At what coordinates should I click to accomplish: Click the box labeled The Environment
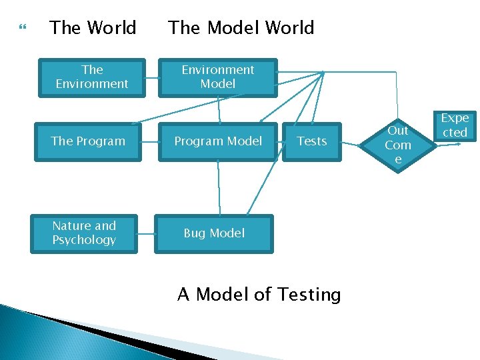(92, 77)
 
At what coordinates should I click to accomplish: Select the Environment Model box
(217, 77)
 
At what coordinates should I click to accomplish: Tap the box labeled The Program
(88, 141)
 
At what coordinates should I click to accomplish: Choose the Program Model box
(218, 141)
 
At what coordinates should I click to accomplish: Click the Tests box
(311, 141)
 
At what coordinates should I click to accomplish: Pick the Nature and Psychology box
(84, 233)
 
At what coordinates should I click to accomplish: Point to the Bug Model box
(214, 233)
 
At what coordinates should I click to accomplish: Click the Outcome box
(398, 145)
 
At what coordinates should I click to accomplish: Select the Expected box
(455, 125)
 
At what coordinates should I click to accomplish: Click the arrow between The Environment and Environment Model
(151, 77)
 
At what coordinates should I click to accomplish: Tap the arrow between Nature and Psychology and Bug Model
(145, 233)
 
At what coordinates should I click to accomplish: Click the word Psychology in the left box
(84, 240)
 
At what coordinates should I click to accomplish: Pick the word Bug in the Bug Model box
(195, 233)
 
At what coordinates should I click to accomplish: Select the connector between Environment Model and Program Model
(218, 109)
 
